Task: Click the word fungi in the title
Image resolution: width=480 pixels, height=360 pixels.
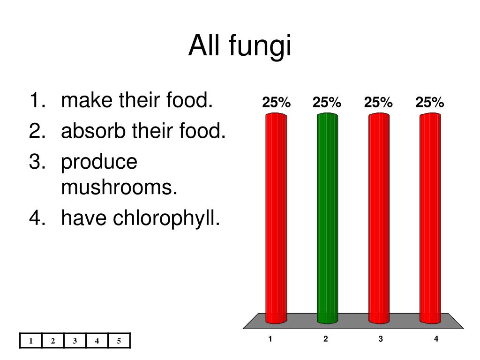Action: point(260,45)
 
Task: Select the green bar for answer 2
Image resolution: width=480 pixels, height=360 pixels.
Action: point(327,218)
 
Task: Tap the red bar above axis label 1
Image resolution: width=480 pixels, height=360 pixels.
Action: point(276,218)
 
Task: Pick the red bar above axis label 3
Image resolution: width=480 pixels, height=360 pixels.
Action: point(379,218)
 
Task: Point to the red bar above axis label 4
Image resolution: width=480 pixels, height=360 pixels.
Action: point(430,218)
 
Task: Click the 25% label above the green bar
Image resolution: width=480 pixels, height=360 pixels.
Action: point(327,102)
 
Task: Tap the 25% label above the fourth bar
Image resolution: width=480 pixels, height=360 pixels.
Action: point(429,102)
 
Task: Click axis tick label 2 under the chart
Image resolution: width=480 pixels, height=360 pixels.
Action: point(325,338)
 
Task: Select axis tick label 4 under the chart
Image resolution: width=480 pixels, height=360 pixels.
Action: point(436,338)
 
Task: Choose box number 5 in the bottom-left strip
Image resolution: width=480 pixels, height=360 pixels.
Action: point(119,341)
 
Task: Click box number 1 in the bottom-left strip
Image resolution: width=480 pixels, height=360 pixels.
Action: point(30,341)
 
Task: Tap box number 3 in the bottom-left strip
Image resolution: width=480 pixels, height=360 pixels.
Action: point(75,341)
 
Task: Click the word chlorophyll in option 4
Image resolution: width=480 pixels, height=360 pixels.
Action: point(166,218)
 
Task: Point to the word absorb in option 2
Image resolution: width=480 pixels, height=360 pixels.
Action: point(93,130)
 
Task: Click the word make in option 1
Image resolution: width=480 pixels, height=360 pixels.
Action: point(87,100)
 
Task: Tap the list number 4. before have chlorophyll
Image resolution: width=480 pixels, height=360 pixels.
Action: point(37,217)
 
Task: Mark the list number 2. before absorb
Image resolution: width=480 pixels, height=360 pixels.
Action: point(37,130)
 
